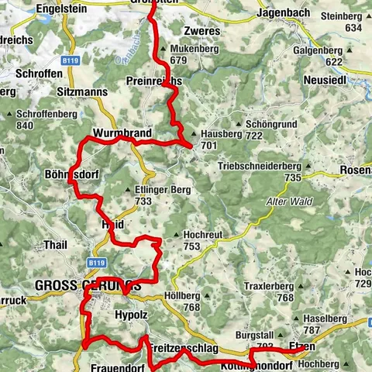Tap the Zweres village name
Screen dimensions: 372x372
pyautogui.click(x=202, y=32)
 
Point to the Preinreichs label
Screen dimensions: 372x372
pyautogui.click(x=153, y=81)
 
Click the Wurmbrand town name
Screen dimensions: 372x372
pyautogui.click(x=121, y=133)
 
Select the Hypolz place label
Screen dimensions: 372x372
pyautogui.click(x=130, y=315)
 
